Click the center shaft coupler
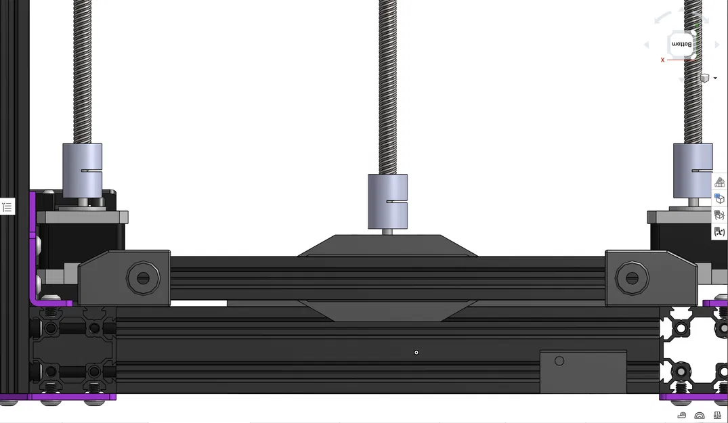387,201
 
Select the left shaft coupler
82,170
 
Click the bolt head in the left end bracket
143,277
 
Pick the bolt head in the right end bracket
632,277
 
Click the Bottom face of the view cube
681,44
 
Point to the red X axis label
662,60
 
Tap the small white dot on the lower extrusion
416,352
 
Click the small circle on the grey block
559,361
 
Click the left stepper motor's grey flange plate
82,217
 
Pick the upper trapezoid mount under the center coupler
387,246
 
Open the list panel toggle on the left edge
7,207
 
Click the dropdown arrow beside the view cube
715,79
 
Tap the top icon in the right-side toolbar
719,182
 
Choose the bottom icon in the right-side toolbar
719,231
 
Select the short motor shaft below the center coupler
387,231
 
